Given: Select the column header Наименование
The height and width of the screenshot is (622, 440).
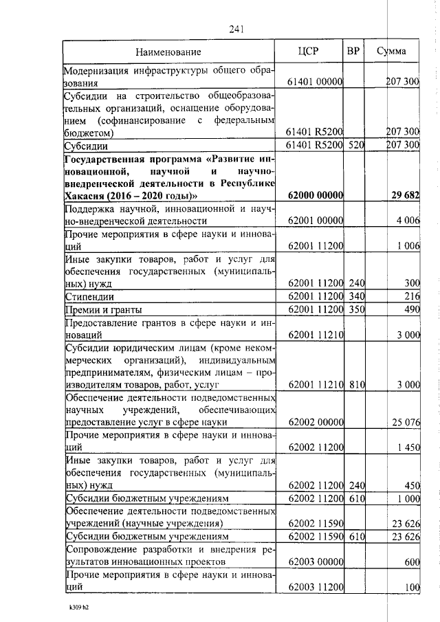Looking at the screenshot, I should tap(168, 52).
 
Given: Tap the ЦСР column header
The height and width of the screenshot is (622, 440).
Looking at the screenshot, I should tap(310, 52).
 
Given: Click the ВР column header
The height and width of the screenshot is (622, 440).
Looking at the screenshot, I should tap(354, 52).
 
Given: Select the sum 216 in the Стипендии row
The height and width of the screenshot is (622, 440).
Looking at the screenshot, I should tap(412, 297).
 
